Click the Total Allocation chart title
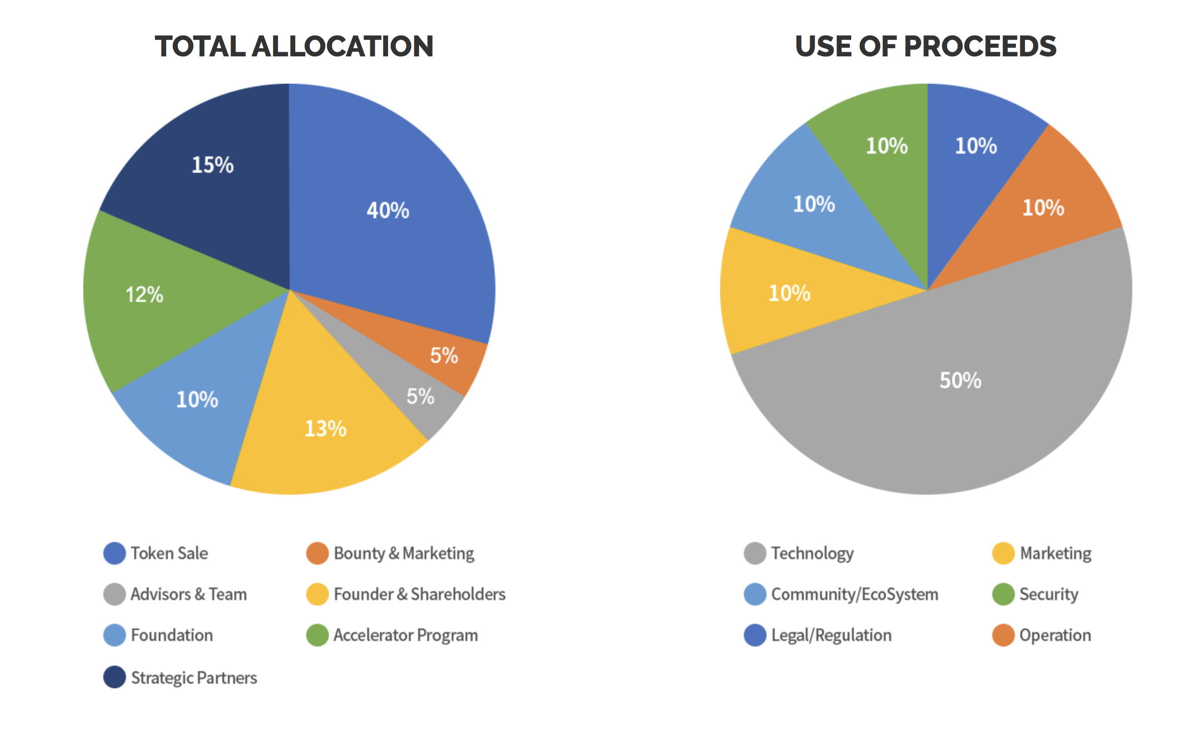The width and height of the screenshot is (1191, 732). pyautogui.click(x=293, y=46)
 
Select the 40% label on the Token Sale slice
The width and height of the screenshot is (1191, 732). pyautogui.click(x=388, y=211)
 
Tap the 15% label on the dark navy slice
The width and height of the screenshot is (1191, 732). pyautogui.click(x=212, y=165)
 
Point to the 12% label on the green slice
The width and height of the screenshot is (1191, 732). pyautogui.click(x=144, y=295)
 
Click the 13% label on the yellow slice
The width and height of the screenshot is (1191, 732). pyautogui.click(x=325, y=429)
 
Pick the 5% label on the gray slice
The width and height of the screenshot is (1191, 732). pyautogui.click(x=420, y=396)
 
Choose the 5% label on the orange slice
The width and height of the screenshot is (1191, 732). pyautogui.click(x=444, y=356)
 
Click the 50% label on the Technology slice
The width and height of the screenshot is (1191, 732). pyautogui.click(x=960, y=381)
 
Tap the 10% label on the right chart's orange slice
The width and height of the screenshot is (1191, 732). pyautogui.click(x=1043, y=208)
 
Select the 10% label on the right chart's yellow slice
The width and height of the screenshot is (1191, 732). pyautogui.click(x=789, y=293)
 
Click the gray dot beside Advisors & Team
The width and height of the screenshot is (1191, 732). pyautogui.click(x=115, y=594)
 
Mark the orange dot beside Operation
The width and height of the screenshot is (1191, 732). pyautogui.click(x=1003, y=635)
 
